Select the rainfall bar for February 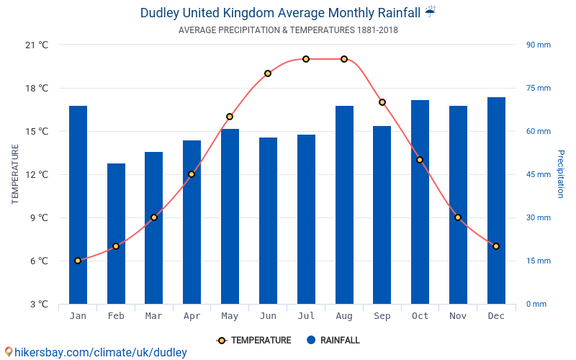116,233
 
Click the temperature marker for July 306,59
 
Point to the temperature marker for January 78,261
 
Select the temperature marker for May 230,117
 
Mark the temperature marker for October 420,160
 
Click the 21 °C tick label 37,45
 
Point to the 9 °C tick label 39,217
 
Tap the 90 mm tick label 538,45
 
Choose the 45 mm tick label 538,174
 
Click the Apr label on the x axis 192,316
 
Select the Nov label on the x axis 458,316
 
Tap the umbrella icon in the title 430,12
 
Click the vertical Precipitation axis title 561,174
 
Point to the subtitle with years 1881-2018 288,30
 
